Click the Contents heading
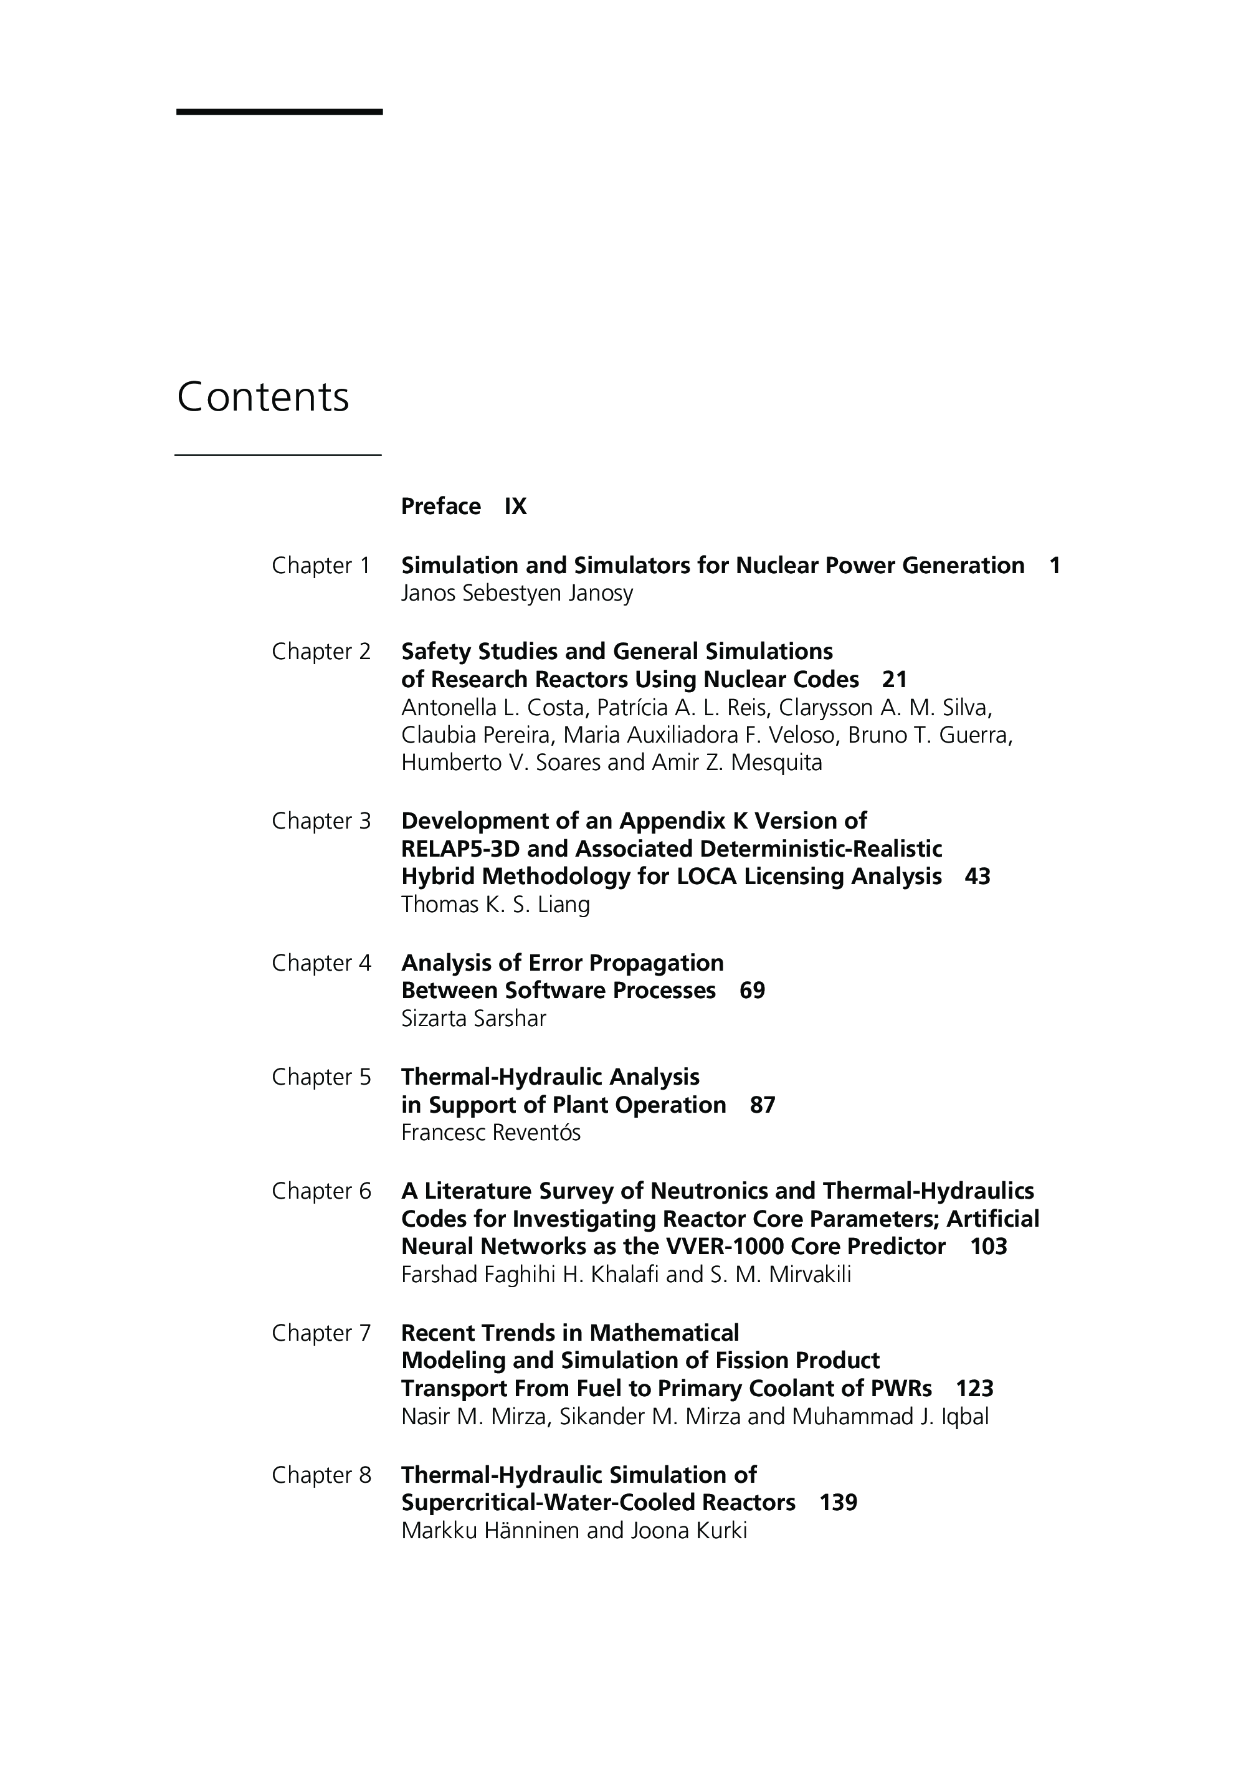[263, 397]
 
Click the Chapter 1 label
[321, 566]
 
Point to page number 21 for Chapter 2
[895, 680]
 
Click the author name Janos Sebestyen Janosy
[517, 593]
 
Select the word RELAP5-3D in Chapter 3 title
[447, 849]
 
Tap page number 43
[977, 877]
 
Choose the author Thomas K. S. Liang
[495, 905]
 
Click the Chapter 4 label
[321, 963]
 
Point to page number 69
[752, 991]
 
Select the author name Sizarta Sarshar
[473, 1019]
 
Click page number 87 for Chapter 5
[762, 1105]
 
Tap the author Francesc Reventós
[491, 1133]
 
